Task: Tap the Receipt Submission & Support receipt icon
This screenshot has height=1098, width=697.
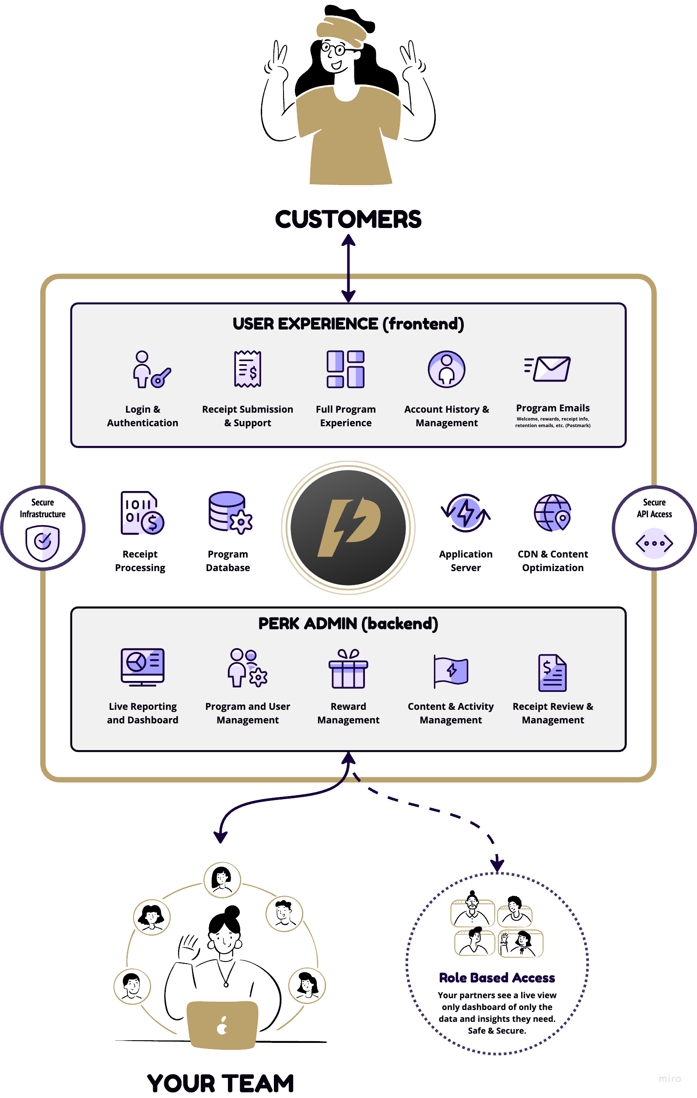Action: [x=248, y=369]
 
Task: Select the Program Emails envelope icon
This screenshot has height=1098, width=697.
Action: [x=548, y=368]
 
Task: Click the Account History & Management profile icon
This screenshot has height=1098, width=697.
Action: [x=446, y=369]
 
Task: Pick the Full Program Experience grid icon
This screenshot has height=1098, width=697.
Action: [x=346, y=369]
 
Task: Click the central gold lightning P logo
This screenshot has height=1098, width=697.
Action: [x=348, y=528]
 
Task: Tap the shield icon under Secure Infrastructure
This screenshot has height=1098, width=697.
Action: [x=42, y=543]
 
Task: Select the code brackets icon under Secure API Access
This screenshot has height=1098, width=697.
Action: [x=654, y=543]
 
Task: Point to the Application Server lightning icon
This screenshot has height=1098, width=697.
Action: [x=466, y=513]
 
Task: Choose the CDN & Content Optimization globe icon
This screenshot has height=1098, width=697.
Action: [x=553, y=512]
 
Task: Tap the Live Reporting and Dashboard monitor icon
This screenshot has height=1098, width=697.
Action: [x=142, y=667]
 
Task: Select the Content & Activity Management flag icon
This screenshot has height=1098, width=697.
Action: [x=450, y=671]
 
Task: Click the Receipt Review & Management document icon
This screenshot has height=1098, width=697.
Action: [x=552, y=673]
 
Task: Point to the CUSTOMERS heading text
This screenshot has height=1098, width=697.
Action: [x=348, y=219]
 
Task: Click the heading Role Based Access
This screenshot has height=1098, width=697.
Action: [x=497, y=978]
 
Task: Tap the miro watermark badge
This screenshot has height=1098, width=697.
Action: [x=669, y=1078]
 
